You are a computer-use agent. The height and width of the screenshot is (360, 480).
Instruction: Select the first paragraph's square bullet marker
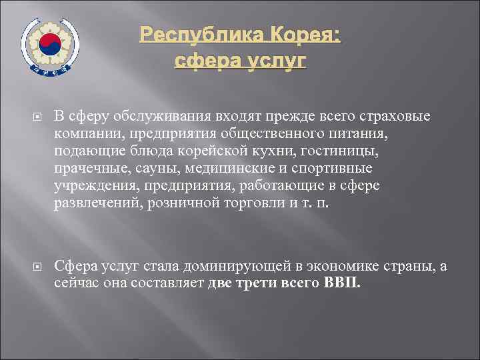[x=39, y=118]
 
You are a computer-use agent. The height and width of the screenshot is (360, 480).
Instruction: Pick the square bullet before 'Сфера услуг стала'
[x=39, y=267]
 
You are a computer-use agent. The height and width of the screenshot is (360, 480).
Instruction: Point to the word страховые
[x=399, y=117]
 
